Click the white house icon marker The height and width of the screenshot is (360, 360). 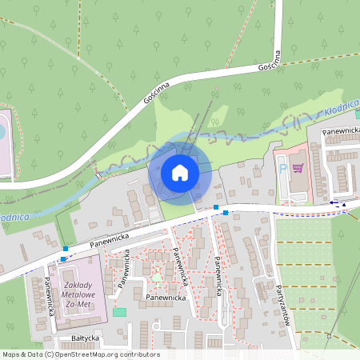pos(179,172)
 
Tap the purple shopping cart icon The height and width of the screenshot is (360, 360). pos(298,168)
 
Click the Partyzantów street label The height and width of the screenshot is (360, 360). pos(281,306)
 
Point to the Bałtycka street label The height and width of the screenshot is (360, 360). pos(85,338)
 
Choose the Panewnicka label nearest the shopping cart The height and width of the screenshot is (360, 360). pos(341,129)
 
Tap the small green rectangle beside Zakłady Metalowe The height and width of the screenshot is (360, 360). pos(119,311)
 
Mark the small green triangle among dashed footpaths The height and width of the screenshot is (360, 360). pos(157,278)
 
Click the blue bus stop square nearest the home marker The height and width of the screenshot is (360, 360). pos(216,207)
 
